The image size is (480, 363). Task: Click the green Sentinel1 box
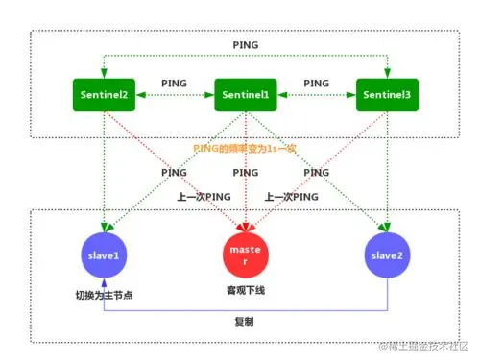tap(245, 95)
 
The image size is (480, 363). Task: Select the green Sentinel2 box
tap(105, 95)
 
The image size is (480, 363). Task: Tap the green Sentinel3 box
tap(387, 95)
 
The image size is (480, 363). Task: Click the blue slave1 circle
tap(105, 254)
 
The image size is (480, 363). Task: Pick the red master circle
tap(245, 254)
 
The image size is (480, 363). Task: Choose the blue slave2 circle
tap(387, 254)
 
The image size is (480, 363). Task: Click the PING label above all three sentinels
tap(245, 45)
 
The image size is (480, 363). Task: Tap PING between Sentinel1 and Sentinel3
tap(316, 85)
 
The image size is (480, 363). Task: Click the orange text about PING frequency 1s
tap(246, 147)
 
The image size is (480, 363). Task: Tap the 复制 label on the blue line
tap(245, 323)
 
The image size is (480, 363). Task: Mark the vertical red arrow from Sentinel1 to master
tap(245, 206)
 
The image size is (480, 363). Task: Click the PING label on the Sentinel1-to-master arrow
tap(245, 174)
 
